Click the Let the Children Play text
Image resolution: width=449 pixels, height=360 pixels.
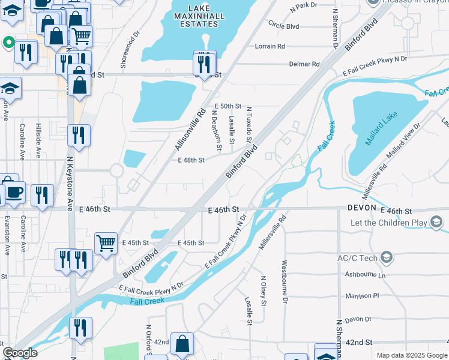pos(390,223)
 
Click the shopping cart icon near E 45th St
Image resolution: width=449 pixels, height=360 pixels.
pos(106,242)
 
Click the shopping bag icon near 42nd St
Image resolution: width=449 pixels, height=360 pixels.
pos(182,344)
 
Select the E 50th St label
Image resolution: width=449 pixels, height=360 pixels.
pos(227,106)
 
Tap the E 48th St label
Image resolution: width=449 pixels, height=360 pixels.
pos(191,160)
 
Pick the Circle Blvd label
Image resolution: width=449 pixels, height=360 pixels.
pos(284,26)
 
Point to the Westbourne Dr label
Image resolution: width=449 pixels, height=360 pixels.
pos(285,281)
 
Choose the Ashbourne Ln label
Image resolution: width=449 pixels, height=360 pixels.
pos(365,275)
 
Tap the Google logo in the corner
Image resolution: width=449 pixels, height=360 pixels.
pos(20,353)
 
